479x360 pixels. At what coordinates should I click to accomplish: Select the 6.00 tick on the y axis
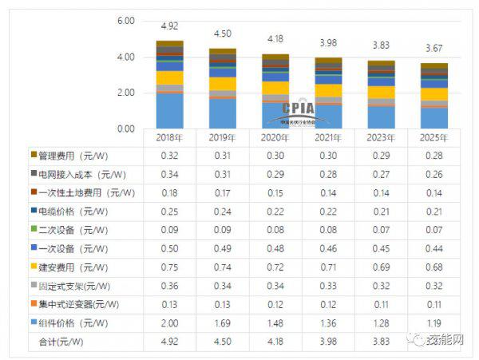(x=125, y=22)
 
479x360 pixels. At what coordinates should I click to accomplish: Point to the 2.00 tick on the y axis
(x=125, y=93)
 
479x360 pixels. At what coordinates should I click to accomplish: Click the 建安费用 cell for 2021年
(x=327, y=266)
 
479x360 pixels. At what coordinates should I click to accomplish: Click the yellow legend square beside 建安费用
(x=34, y=266)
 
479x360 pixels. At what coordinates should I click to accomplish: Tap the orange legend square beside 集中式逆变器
(x=34, y=303)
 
